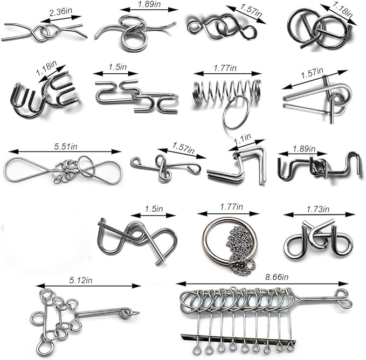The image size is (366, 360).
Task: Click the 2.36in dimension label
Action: coord(60,12)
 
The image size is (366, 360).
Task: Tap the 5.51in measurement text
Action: coord(66,147)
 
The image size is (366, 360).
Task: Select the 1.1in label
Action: coord(242,139)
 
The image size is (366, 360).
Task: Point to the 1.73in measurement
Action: coord(317,209)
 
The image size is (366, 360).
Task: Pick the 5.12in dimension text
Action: coord(81,280)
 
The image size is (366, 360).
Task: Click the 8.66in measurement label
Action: coord(277,277)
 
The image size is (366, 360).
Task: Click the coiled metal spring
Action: coord(226,91)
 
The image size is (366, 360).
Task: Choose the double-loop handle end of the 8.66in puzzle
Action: coord(344,297)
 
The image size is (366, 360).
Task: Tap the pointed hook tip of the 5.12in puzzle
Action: coord(139,313)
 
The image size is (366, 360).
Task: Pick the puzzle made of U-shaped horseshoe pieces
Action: coord(44,93)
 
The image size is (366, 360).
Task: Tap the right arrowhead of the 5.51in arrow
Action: coord(117,151)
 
